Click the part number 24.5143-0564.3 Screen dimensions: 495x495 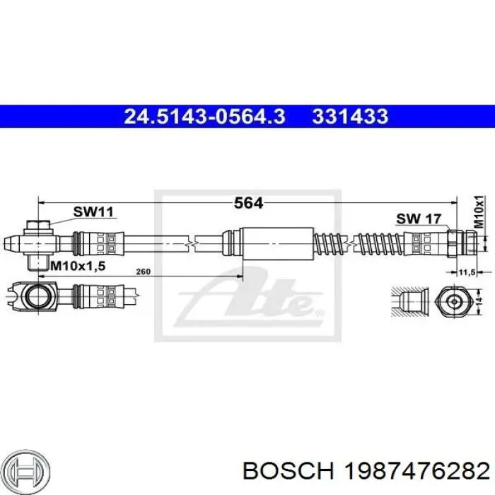[x=205, y=116]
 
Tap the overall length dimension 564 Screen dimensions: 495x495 [x=248, y=204]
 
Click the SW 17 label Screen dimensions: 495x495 [x=418, y=219]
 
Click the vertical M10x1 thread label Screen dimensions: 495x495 [x=478, y=211]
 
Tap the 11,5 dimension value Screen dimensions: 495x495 [x=466, y=271]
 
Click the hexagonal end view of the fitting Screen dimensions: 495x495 [x=452, y=301]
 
